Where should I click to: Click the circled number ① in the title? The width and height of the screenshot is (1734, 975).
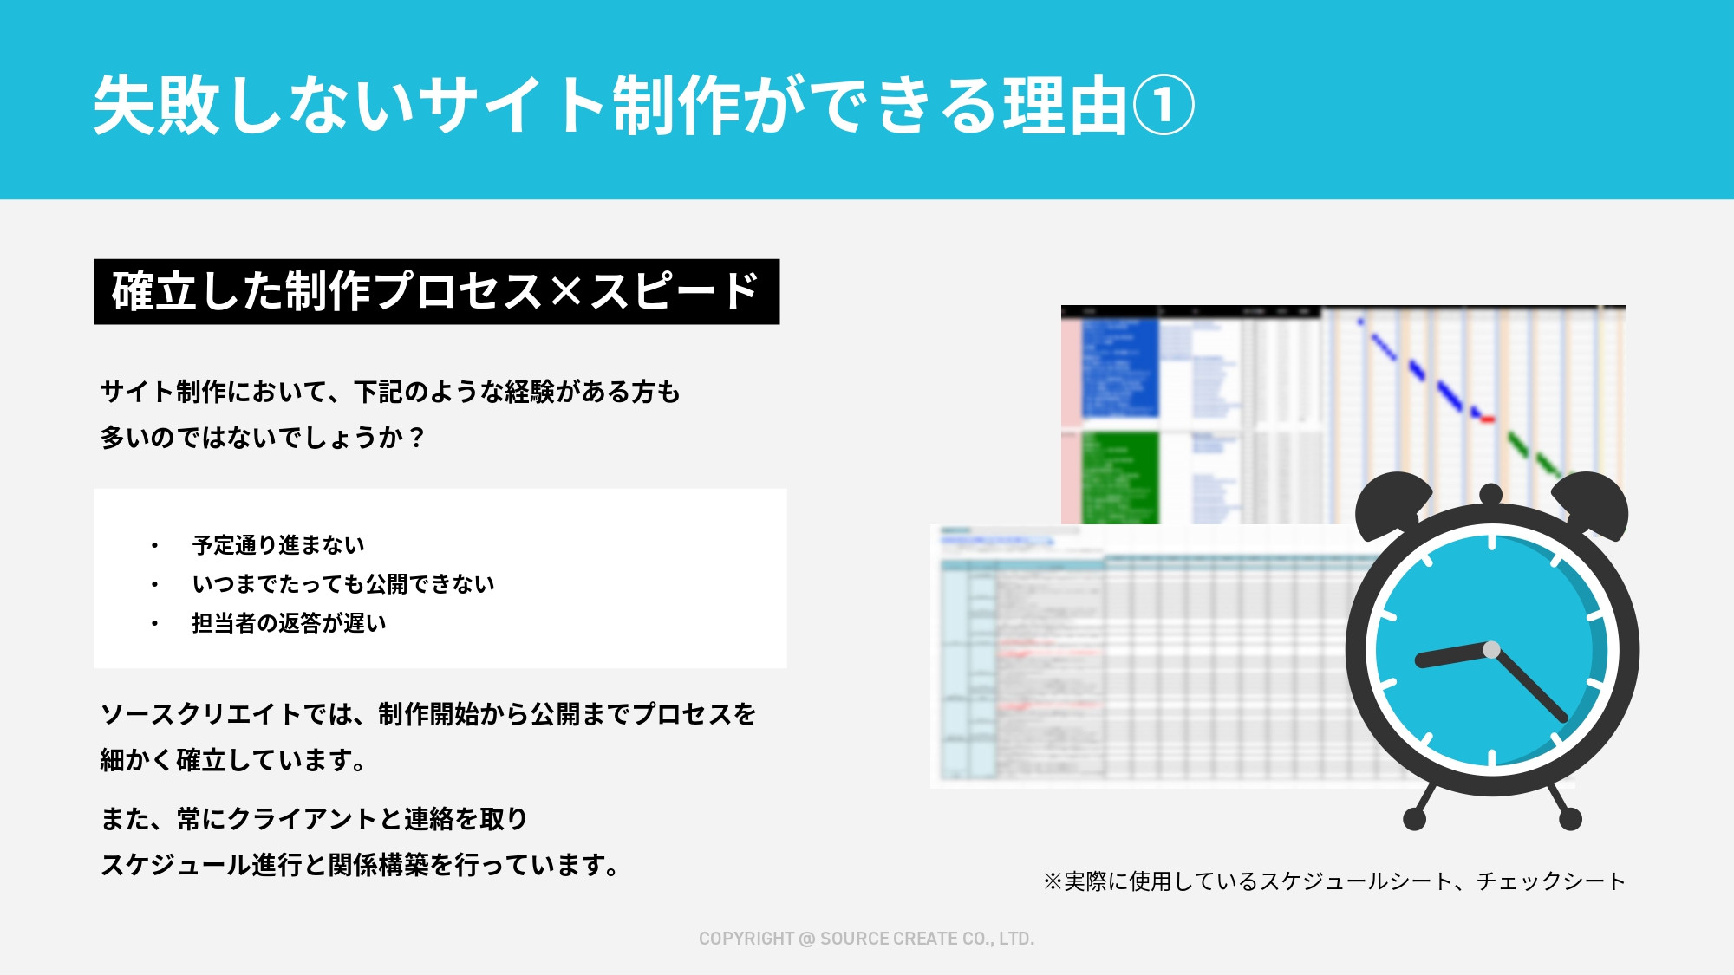(1163, 105)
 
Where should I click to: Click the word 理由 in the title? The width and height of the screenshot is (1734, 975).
(1066, 105)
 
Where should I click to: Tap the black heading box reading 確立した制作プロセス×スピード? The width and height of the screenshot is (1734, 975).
(436, 292)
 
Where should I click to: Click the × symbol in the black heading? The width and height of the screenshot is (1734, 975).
(565, 292)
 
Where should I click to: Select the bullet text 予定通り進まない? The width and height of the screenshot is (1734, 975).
(278, 545)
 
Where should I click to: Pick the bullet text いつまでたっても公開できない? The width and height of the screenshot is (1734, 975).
(343, 584)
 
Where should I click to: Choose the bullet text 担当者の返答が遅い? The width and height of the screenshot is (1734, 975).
(289, 623)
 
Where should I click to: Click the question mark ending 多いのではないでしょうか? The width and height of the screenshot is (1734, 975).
(417, 438)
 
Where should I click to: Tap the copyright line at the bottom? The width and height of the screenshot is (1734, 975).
(866, 939)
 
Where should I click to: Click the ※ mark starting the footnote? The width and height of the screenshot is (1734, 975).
(1053, 881)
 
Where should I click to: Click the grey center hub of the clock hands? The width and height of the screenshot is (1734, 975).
(1491, 649)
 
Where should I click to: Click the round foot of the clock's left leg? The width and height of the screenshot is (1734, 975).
(1414, 819)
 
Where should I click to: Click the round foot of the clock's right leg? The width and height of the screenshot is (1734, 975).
(1570, 818)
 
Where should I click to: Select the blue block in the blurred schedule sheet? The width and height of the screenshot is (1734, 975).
(1119, 368)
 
